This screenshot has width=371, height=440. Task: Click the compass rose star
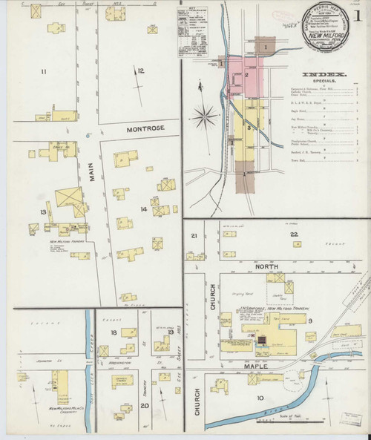click(208, 116)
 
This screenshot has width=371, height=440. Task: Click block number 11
click(44, 71)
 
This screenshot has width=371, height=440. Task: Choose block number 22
click(294, 235)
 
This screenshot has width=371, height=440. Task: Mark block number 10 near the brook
click(259, 398)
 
